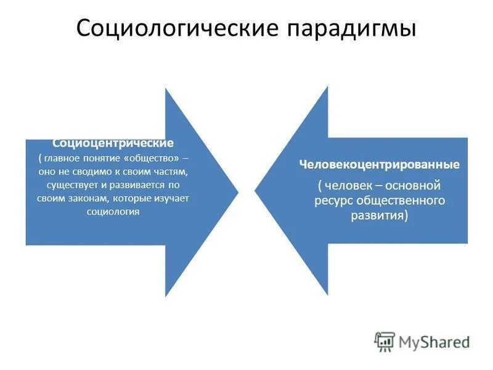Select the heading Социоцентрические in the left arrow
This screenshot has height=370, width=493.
click(112, 143)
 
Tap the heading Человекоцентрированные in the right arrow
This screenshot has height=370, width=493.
click(380, 165)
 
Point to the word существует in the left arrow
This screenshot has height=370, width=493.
click(71, 184)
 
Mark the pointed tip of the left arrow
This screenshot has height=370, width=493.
click(238, 192)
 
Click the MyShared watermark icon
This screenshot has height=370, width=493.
click(385, 341)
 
